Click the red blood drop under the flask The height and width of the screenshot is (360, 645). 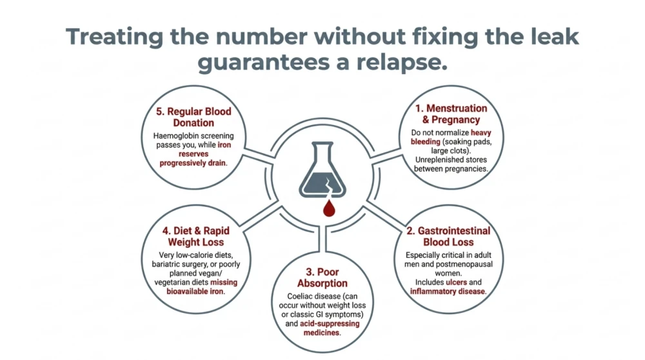click(x=329, y=208)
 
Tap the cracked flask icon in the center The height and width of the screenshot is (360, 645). click(x=322, y=170)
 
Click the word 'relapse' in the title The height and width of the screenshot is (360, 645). click(x=401, y=62)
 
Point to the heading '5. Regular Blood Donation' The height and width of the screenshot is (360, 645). click(x=193, y=117)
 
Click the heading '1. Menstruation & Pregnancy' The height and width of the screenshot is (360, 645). click(x=451, y=114)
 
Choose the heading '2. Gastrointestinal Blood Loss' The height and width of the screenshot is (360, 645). click(x=448, y=236)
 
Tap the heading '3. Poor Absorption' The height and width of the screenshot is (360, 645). click(x=322, y=277)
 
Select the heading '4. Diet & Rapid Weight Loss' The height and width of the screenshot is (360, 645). click(x=196, y=236)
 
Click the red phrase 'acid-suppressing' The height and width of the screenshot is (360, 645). click(x=330, y=323)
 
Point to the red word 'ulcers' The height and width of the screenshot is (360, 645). click(x=456, y=282)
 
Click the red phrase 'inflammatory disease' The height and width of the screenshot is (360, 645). click(x=448, y=292)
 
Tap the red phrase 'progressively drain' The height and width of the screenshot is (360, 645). click(x=193, y=163)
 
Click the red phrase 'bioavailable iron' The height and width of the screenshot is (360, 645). click(x=195, y=292)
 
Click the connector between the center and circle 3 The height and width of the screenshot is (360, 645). click(x=322, y=239)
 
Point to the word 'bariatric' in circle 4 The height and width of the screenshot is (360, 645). click(x=166, y=264)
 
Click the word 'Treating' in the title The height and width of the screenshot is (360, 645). click(x=115, y=37)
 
